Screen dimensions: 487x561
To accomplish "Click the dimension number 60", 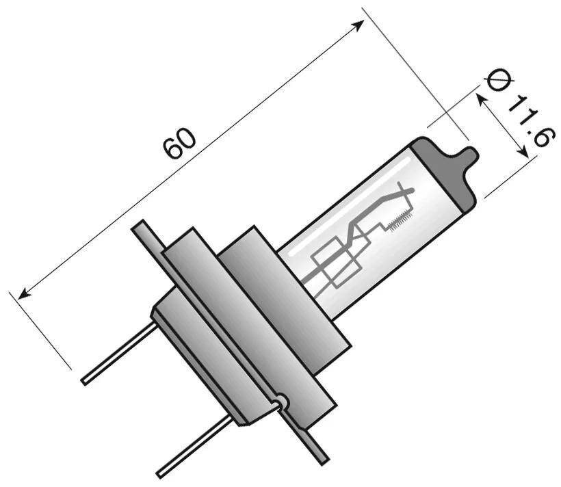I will pyautogui.click(x=179, y=142).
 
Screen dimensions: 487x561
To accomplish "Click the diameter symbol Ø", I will pyautogui.click(x=499, y=80).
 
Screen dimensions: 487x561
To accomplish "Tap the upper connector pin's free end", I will pyautogui.click(x=86, y=380).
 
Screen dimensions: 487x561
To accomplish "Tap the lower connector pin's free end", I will pyautogui.click(x=161, y=473).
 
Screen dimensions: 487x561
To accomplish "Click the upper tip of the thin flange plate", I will pyautogui.click(x=140, y=226).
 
